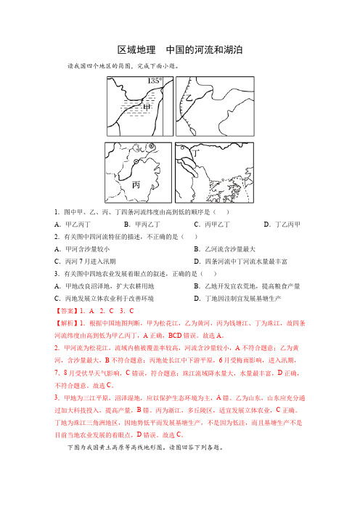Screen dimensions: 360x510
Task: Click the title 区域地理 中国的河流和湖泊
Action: pyautogui.click(x=179, y=50)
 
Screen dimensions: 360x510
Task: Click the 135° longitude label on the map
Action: pyautogui.click(x=155, y=81)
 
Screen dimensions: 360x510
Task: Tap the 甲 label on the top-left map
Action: pyautogui.click(x=148, y=108)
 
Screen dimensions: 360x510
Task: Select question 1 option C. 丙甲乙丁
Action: pyautogui.click(x=213, y=224)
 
